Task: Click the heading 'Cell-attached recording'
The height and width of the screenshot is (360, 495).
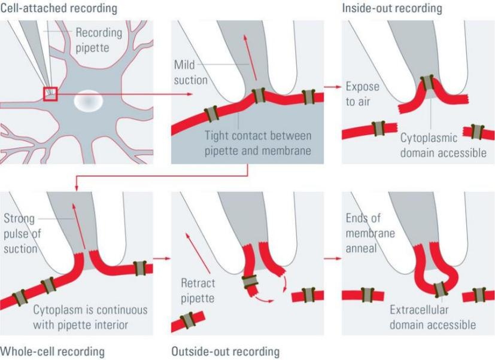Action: (59, 8)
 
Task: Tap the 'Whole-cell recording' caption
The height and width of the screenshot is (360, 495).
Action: (53, 351)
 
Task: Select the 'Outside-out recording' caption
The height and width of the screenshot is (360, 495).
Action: (225, 351)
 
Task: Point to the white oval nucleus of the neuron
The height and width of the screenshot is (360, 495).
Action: (87, 102)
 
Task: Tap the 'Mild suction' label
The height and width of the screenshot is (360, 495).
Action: (190, 71)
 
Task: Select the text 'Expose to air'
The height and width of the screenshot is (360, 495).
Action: (362, 94)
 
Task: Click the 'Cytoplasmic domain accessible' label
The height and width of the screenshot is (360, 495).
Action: (443, 145)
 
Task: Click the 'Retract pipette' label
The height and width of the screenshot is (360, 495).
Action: (198, 289)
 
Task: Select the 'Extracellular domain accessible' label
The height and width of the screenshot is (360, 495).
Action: (433, 318)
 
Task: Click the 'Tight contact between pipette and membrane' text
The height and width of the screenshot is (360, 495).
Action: (257, 144)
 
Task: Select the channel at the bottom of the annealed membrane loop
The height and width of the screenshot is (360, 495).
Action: (440, 288)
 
